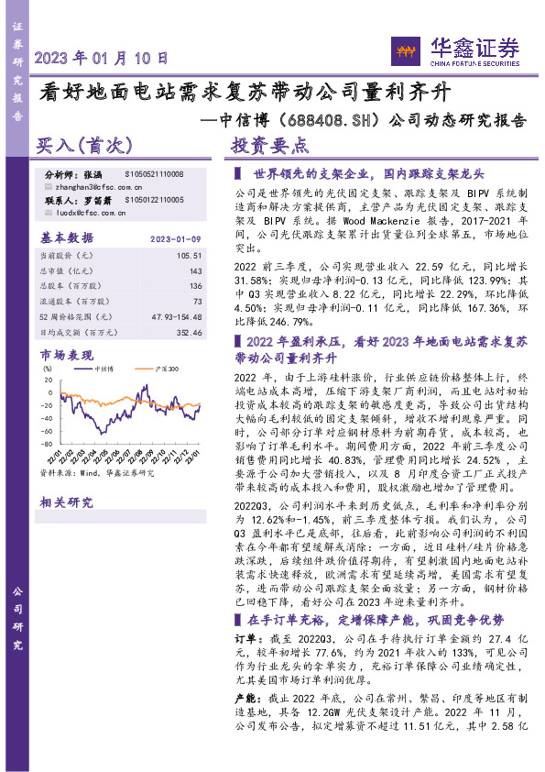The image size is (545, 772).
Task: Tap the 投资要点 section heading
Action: pyautogui.click(x=270, y=145)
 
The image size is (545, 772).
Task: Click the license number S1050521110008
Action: pyautogui.click(x=154, y=174)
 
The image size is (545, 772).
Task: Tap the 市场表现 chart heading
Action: pyautogui.click(x=67, y=354)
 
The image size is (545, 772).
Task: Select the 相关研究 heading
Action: pyautogui.click(x=67, y=502)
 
